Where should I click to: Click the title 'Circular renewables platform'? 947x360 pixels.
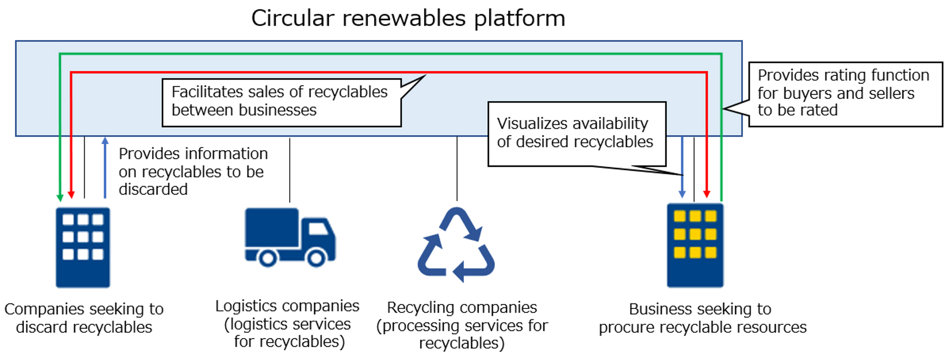408,19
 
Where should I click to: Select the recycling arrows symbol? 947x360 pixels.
456,245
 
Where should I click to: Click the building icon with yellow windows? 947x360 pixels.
695,245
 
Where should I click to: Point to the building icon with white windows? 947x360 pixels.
83,247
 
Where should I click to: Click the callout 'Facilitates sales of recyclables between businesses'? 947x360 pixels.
281,102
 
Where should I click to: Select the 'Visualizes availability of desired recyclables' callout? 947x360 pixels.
577,133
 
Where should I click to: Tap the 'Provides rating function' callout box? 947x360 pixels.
845,94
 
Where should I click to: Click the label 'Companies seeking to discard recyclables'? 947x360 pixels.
84,318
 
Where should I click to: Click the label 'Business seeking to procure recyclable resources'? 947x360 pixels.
702,318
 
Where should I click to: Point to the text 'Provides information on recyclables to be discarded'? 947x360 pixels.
193,171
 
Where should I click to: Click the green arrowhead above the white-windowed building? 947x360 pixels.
60,198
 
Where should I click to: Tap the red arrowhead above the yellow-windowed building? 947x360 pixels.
707,194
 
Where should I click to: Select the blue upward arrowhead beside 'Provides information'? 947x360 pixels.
105,141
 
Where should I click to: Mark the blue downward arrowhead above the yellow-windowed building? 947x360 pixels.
682,194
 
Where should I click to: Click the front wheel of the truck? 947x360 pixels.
316,257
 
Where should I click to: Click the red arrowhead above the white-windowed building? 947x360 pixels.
71,194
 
